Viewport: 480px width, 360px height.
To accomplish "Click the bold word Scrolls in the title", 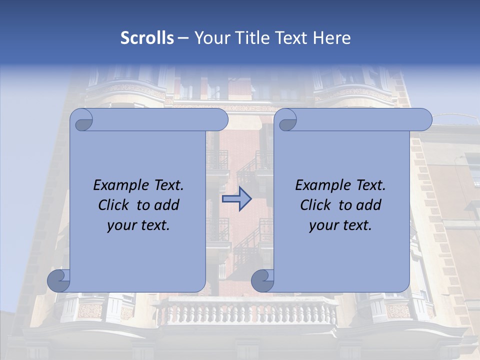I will pos(147,38).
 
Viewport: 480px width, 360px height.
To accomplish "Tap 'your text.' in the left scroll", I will pos(138,225).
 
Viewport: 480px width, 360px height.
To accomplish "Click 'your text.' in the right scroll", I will pos(340,225).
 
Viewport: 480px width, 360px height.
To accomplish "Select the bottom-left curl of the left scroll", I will pos(59,280).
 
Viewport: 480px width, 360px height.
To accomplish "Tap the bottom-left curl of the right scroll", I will pos(263,280).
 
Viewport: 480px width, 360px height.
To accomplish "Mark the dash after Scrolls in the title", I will pos(183,38).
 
